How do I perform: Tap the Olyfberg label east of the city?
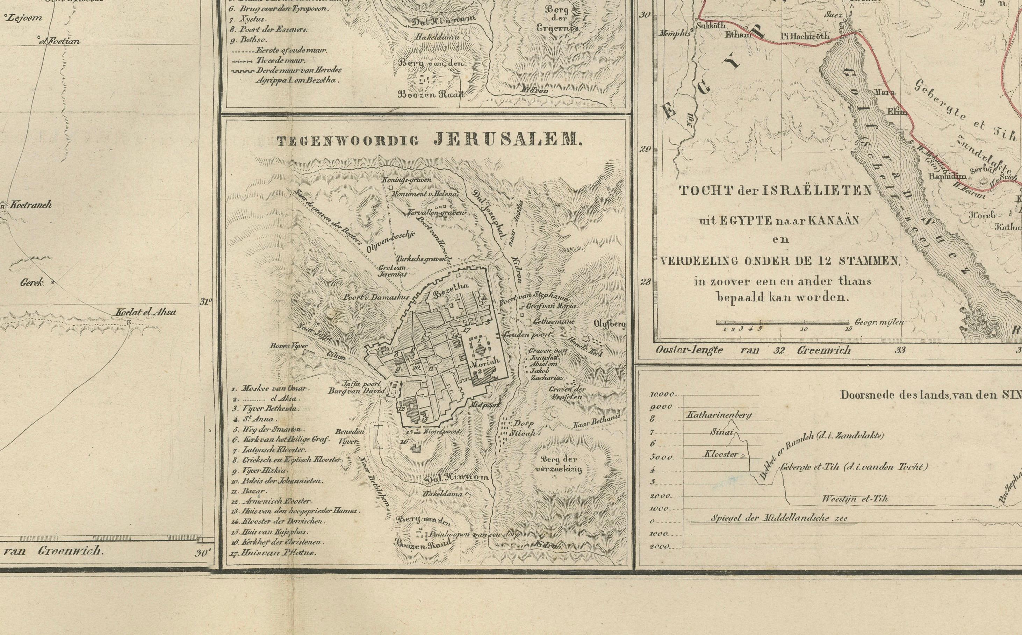[x=610, y=324]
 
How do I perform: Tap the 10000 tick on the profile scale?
[x=662, y=394]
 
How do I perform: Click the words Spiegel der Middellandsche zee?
[x=779, y=518]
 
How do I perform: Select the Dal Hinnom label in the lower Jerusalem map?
[x=456, y=478]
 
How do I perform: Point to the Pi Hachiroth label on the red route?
[x=805, y=36]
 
